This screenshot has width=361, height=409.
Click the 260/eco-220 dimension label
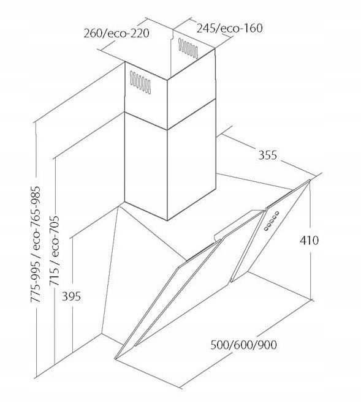click(x=116, y=34)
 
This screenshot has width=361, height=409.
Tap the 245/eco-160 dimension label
click(x=229, y=28)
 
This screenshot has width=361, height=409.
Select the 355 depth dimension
click(x=267, y=155)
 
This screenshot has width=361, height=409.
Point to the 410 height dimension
click(x=309, y=240)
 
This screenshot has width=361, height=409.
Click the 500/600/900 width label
click(x=243, y=345)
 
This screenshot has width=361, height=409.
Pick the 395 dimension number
click(x=71, y=296)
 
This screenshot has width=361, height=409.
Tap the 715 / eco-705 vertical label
click(x=55, y=250)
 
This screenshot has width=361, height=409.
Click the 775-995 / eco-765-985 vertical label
click(x=35, y=244)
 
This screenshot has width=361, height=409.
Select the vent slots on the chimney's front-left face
click(x=140, y=83)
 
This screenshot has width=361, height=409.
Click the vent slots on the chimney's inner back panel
click(x=188, y=48)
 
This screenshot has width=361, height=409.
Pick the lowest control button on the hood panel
click(x=266, y=229)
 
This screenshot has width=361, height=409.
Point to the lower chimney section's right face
click(x=191, y=173)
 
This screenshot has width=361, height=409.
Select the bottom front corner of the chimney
click(x=167, y=220)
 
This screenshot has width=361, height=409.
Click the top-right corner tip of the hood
click(x=310, y=180)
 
